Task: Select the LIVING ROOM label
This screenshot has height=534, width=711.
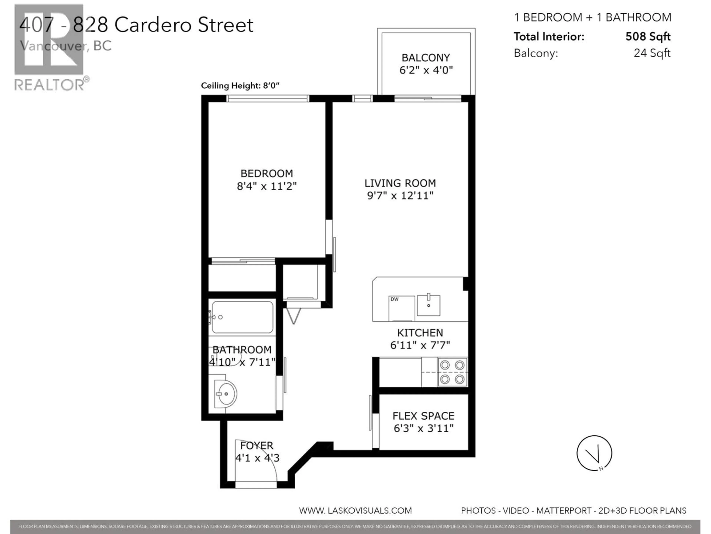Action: (400, 183)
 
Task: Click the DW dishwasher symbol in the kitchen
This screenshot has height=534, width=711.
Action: (401, 308)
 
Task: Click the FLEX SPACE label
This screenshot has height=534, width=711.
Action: (423, 416)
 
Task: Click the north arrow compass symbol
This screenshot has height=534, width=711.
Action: (594, 453)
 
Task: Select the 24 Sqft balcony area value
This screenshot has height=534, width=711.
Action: (652, 53)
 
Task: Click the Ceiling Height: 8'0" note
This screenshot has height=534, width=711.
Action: (240, 86)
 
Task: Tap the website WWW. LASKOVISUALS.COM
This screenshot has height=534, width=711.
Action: (355, 510)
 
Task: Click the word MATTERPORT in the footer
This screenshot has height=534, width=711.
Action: (564, 510)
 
